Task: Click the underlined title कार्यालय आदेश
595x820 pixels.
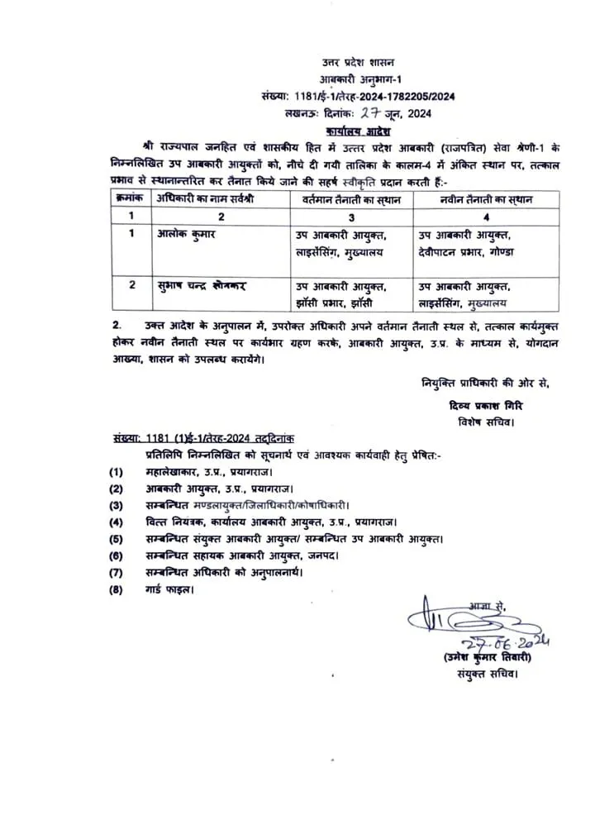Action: (x=359, y=131)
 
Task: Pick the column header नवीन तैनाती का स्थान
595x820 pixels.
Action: (x=475, y=199)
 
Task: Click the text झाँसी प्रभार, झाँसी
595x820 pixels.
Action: (x=340, y=303)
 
